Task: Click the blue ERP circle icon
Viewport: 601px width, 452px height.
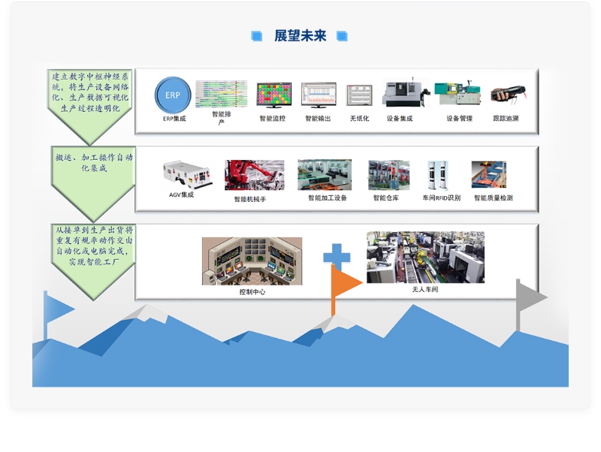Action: tap(173, 95)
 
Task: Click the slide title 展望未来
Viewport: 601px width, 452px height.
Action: tap(300, 35)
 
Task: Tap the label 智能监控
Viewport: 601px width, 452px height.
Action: tap(273, 119)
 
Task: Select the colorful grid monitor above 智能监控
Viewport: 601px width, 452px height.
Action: tap(273, 95)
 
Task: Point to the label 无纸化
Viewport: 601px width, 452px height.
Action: tap(359, 119)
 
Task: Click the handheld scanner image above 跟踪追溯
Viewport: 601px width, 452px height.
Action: tap(509, 93)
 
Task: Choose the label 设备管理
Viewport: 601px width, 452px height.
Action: tap(459, 119)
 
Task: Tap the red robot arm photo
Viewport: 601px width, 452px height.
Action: tap(255, 175)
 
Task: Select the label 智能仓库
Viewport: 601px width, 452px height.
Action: tap(385, 197)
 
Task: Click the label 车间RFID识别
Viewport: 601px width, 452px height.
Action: tap(441, 197)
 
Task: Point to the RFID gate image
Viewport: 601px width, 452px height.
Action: tap(438, 175)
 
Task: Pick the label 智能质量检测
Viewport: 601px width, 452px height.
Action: tap(493, 197)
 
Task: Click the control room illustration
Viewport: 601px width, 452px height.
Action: tap(252, 261)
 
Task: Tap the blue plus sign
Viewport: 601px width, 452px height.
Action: tap(337, 255)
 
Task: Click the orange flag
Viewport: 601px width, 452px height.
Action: tap(345, 283)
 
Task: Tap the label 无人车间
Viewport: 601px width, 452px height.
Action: tap(425, 289)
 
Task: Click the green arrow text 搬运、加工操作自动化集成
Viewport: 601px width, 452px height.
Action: tap(94, 162)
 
